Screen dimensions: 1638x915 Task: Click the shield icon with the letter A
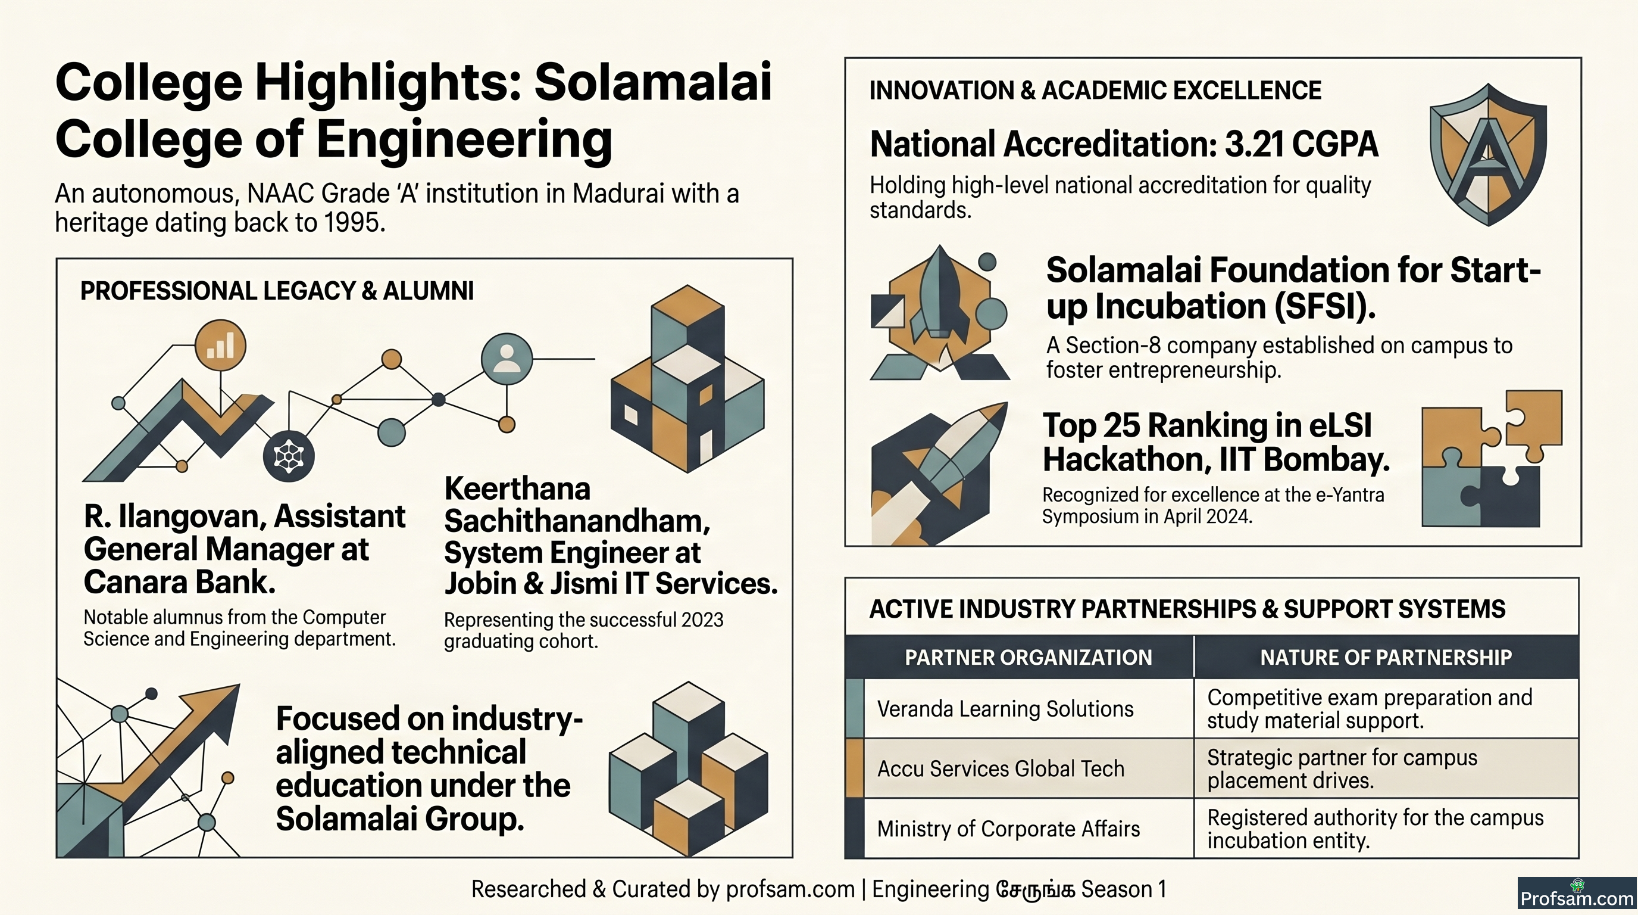point(1488,155)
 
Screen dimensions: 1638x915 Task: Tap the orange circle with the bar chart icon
point(220,346)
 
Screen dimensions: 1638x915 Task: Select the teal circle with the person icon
point(506,359)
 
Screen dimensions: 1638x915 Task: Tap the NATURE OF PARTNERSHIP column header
point(1386,656)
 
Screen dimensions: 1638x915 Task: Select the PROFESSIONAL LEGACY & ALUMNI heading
point(277,291)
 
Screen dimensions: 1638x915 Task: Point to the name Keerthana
point(517,488)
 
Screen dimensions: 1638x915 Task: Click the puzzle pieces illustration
point(1492,458)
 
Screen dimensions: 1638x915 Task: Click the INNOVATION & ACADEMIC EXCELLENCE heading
point(1095,91)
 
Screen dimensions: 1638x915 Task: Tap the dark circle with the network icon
point(289,456)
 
